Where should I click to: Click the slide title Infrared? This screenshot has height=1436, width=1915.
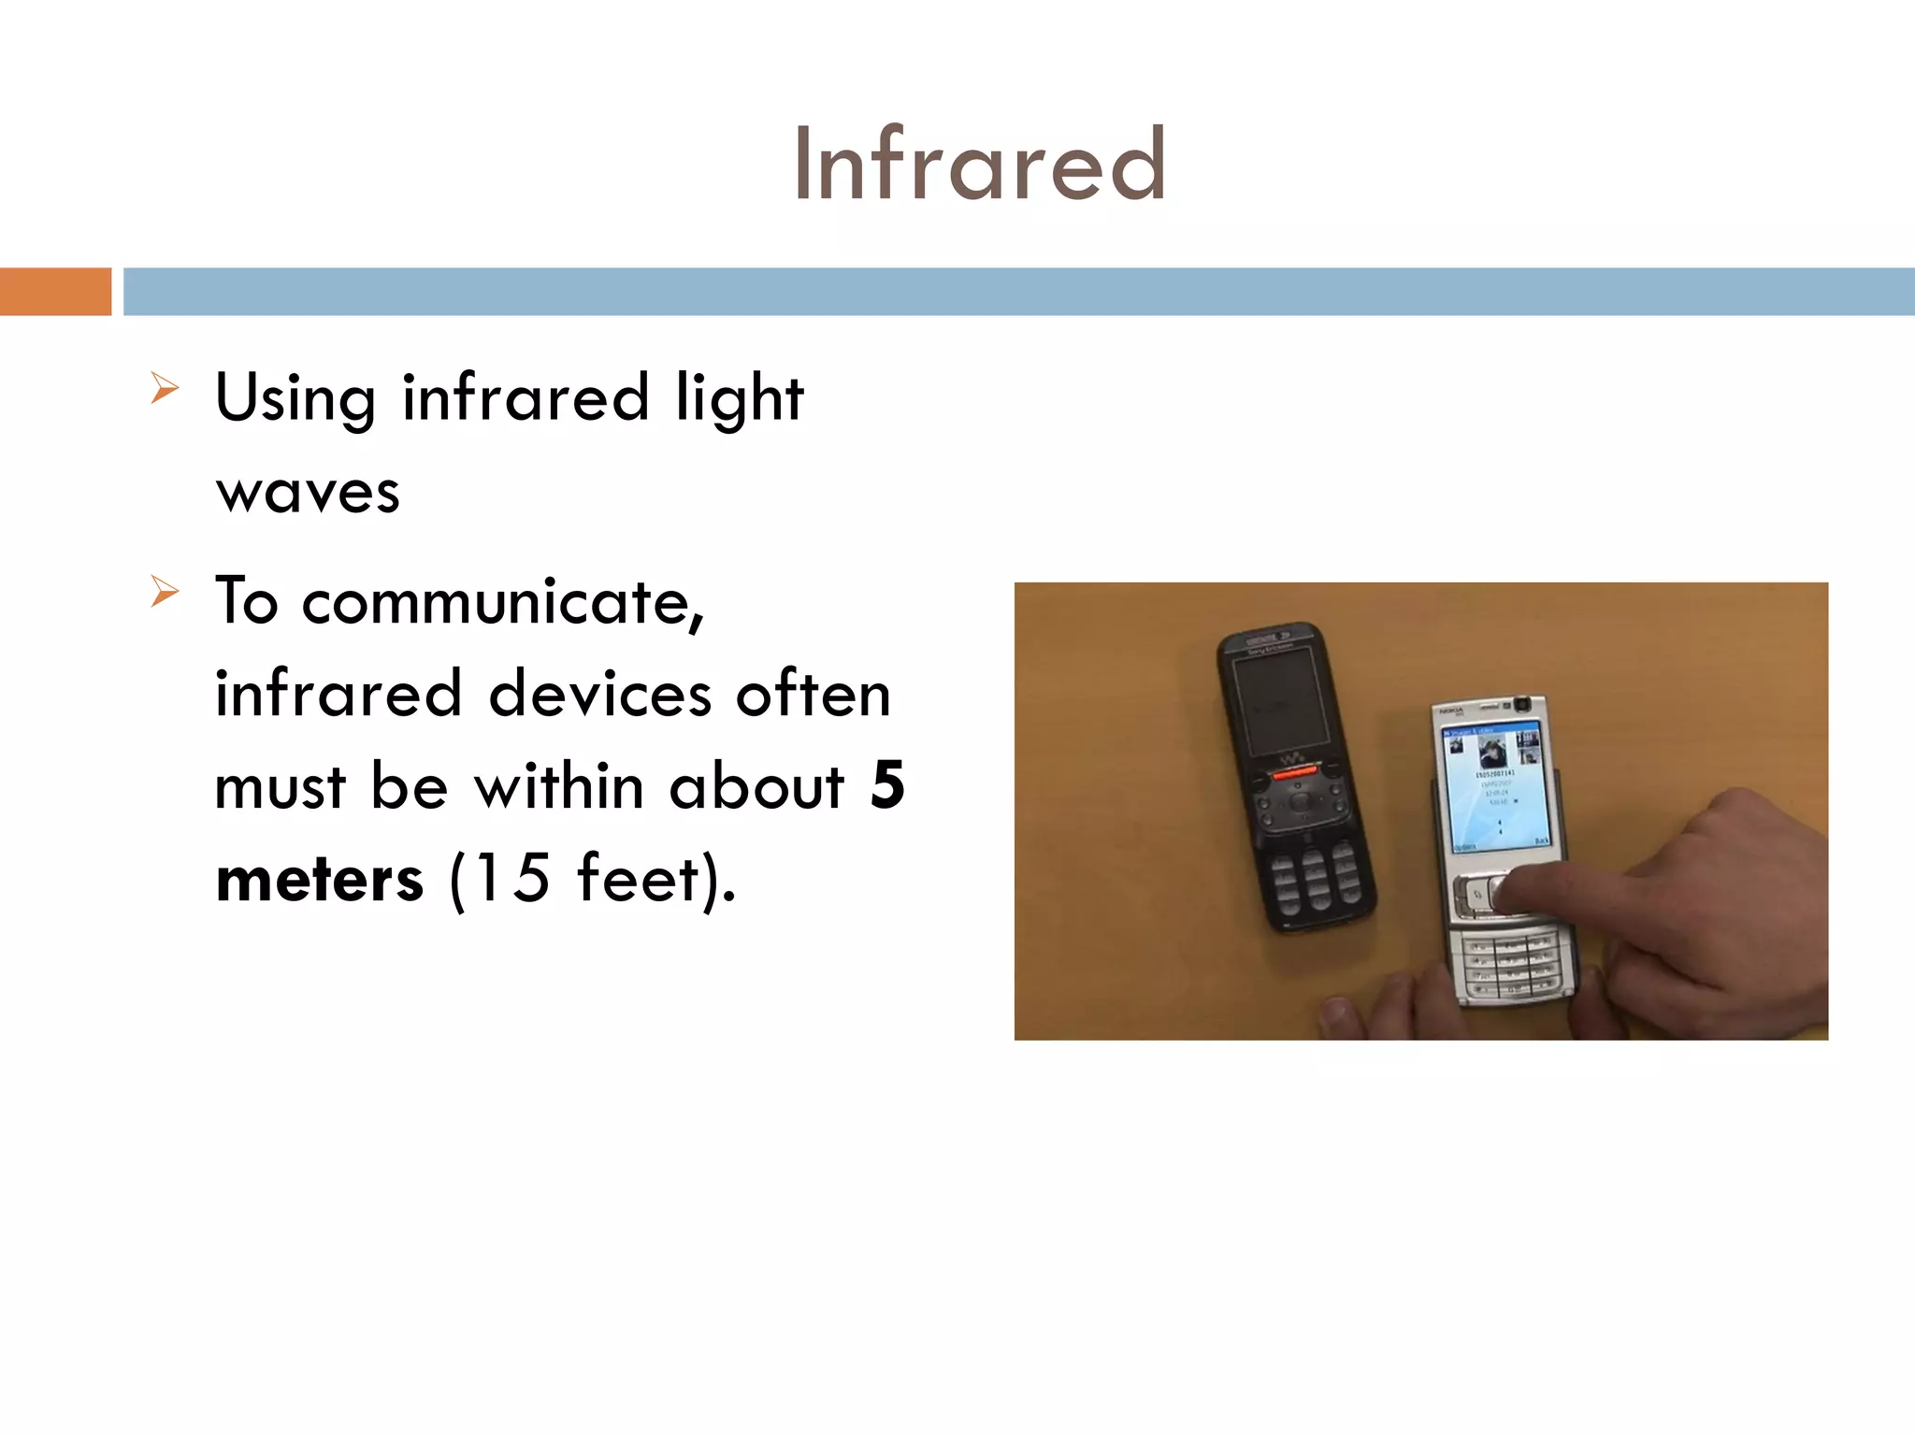pos(979,165)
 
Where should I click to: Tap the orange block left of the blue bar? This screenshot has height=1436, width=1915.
pos(55,292)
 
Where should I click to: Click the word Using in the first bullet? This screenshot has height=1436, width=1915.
pos(295,398)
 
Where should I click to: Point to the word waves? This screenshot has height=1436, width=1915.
pos(308,492)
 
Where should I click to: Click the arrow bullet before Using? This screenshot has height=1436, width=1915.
pos(165,388)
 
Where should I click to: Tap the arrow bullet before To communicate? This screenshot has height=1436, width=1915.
pos(165,592)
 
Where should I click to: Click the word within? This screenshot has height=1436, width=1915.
pos(558,786)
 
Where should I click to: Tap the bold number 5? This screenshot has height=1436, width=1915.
pos(886,785)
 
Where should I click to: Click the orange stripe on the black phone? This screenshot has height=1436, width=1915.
pos(1294,774)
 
